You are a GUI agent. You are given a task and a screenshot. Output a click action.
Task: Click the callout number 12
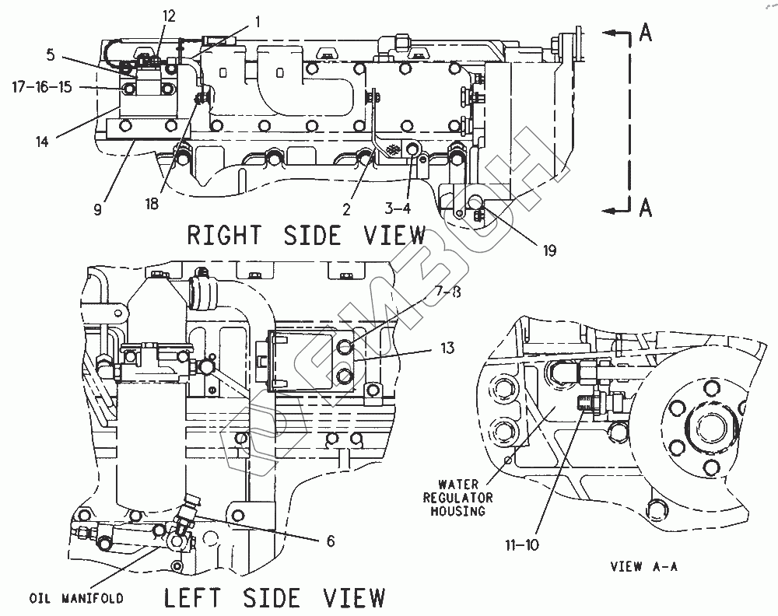(x=169, y=16)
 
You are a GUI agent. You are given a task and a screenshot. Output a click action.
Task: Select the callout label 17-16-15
(x=42, y=87)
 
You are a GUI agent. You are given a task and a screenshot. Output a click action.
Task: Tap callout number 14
(x=42, y=142)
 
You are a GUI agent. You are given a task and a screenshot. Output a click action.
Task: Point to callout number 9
(x=98, y=210)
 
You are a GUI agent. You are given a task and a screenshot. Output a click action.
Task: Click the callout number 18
(x=152, y=203)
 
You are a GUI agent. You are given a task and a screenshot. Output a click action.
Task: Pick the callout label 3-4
(x=398, y=208)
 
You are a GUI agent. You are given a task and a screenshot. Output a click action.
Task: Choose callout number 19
(x=549, y=251)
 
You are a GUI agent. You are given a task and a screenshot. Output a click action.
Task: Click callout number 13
(x=447, y=348)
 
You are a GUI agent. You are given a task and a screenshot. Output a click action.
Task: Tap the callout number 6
(x=331, y=541)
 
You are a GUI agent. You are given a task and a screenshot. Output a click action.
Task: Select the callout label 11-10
(x=522, y=545)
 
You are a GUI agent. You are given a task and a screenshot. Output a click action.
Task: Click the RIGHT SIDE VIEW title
(x=307, y=235)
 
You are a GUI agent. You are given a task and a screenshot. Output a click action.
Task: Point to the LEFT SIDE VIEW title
(x=275, y=597)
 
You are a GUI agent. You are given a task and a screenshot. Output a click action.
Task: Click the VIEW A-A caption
(x=643, y=566)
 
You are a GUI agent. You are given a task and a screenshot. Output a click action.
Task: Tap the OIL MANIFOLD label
(x=76, y=598)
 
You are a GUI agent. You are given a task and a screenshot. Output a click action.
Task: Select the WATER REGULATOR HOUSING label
(x=458, y=498)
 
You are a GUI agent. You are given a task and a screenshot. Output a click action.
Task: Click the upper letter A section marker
(x=645, y=33)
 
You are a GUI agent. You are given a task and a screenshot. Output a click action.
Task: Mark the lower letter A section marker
(x=645, y=208)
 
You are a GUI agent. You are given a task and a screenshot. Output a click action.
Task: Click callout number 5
(x=51, y=54)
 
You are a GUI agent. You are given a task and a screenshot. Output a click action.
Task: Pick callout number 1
(x=258, y=21)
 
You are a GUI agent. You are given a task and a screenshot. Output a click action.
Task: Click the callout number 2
(x=346, y=210)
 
